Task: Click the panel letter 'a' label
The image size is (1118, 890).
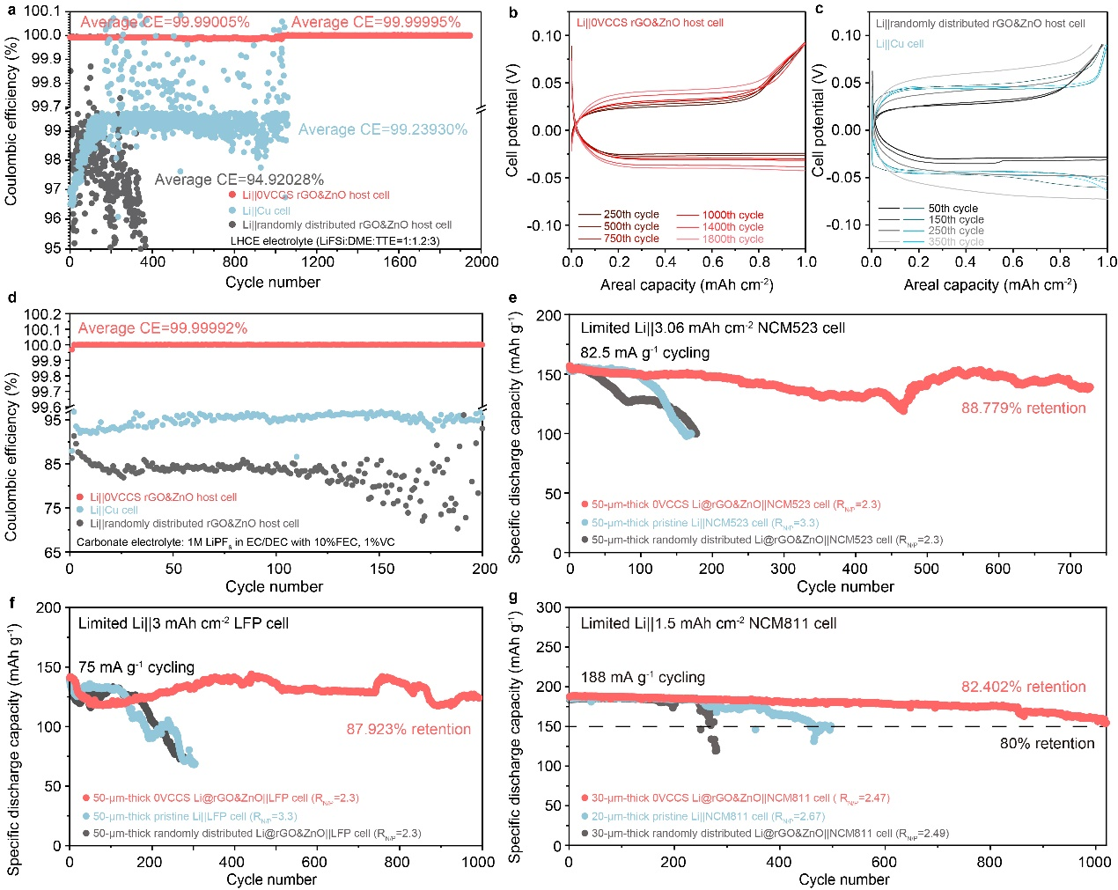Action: pyautogui.click(x=11, y=11)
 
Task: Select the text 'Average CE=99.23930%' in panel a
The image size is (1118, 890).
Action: pyautogui.click(x=383, y=129)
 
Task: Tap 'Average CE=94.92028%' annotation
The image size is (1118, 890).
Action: pyautogui.click(x=239, y=180)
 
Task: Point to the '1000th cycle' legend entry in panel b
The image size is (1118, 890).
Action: pyautogui.click(x=732, y=215)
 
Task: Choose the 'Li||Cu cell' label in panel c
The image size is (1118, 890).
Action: pyautogui.click(x=900, y=44)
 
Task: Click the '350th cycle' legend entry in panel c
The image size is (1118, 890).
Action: pyautogui.click(x=956, y=242)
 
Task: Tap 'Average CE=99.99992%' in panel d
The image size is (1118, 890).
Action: pyautogui.click(x=163, y=328)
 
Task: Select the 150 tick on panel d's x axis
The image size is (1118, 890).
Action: pyautogui.click(x=381, y=569)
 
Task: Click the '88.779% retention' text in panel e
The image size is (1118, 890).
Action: pyautogui.click(x=1023, y=408)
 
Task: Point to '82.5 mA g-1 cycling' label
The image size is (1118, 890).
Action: pyautogui.click(x=645, y=353)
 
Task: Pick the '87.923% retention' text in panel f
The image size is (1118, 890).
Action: pyautogui.click(x=408, y=730)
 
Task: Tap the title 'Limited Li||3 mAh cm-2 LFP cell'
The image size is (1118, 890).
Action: pyautogui.click(x=183, y=623)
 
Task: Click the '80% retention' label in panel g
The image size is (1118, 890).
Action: pyautogui.click(x=1047, y=744)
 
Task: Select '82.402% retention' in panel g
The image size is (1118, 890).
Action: pyautogui.click(x=1023, y=688)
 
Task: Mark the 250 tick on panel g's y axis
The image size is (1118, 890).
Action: pyautogui.click(x=549, y=647)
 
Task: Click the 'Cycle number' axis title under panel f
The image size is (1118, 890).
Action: pyautogui.click(x=271, y=879)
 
